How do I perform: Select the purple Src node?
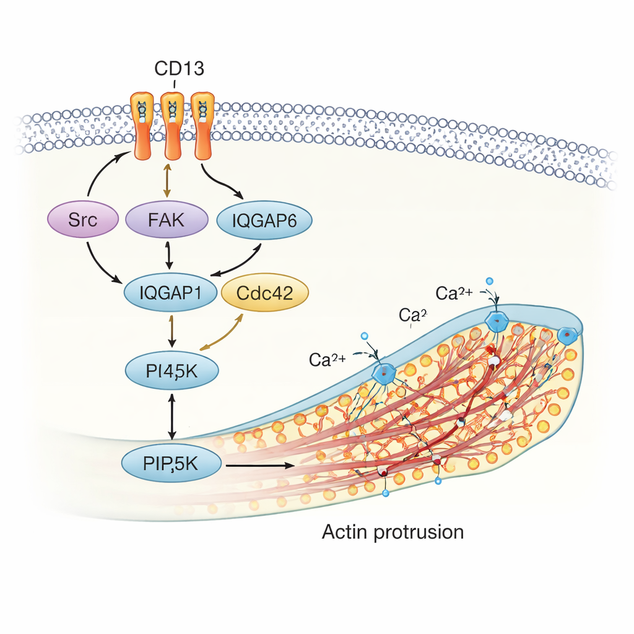[x=83, y=220]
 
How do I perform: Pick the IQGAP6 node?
[x=264, y=220]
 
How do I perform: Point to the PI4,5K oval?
[x=172, y=371]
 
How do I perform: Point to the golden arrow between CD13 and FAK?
[x=167, y=180]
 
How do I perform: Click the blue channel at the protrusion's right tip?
[x=567, y=334]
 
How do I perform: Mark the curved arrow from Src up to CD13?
[x=102, y=176]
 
